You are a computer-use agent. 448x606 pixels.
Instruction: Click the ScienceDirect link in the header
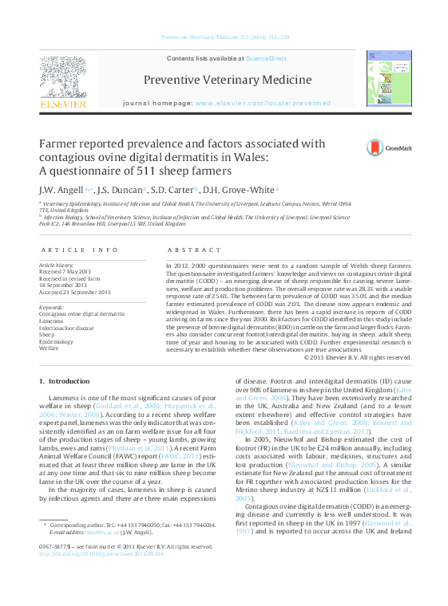click(266, 58)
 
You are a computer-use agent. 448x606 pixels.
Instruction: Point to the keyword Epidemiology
click(56, 341)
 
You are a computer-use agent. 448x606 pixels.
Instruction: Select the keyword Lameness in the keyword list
click(52, 321)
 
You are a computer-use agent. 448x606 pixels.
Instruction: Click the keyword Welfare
click(50, 348)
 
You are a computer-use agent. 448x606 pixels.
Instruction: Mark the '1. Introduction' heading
click(65, 382)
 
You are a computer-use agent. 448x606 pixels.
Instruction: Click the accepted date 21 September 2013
click(75, 293)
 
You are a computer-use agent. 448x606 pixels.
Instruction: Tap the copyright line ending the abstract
click(358, 357)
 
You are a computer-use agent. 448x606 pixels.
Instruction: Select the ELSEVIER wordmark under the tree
click(63, 104)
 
